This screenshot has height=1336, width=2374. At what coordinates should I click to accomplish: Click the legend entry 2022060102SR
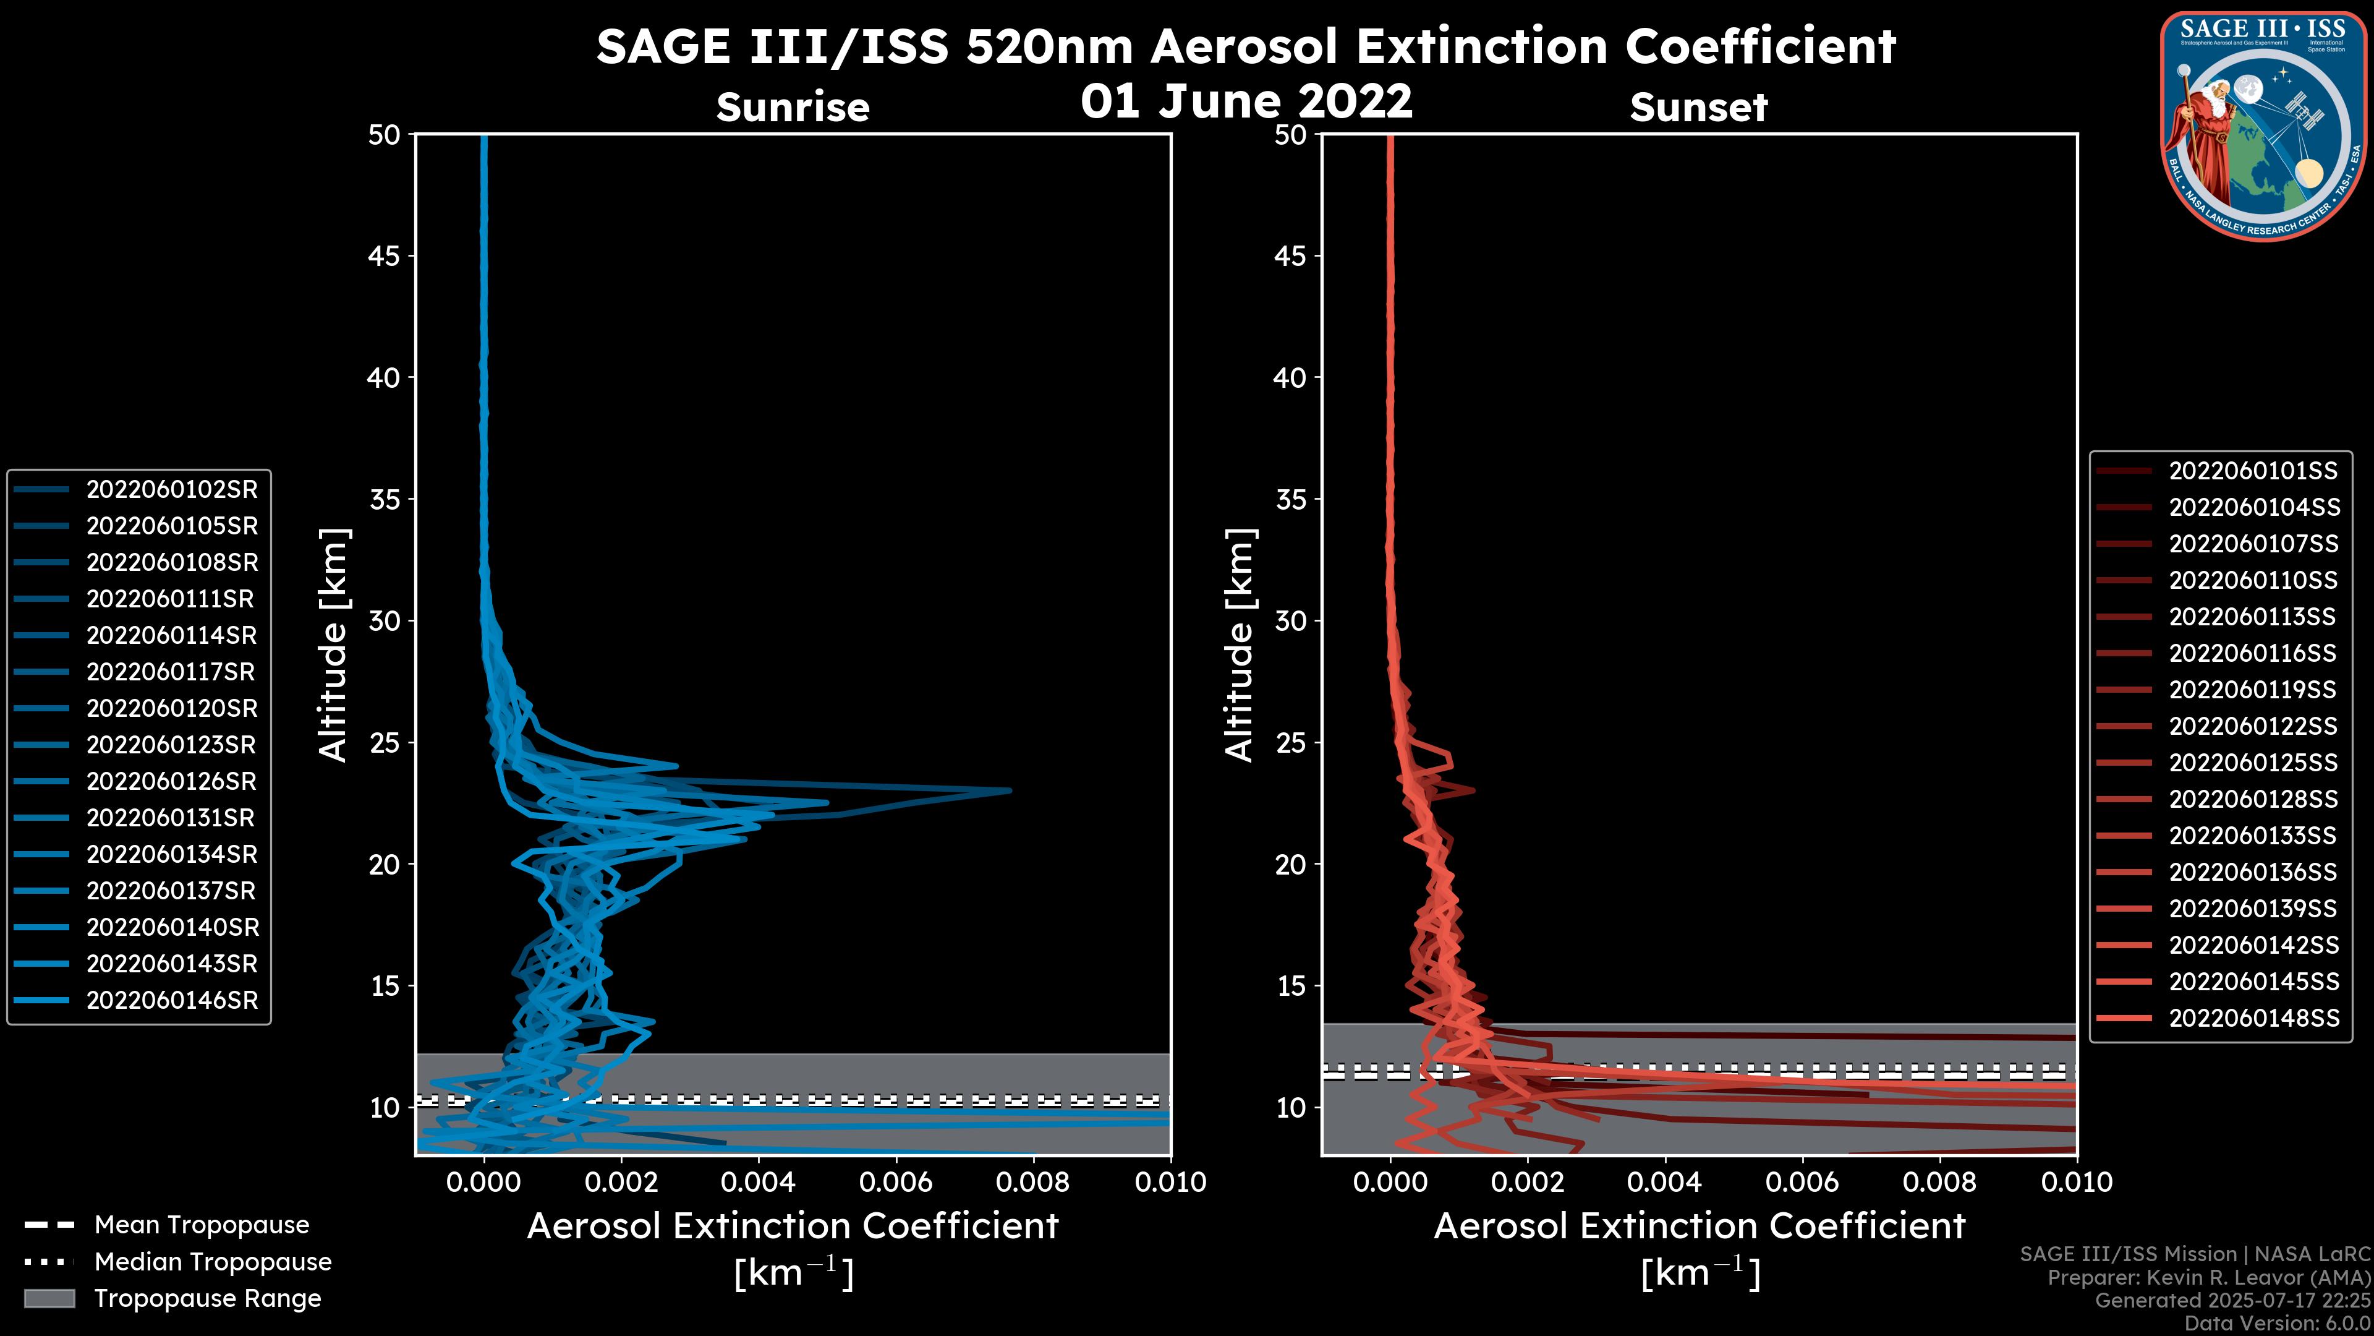click(171, 490)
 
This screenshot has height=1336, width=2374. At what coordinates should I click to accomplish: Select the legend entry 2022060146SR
click(171, 1000)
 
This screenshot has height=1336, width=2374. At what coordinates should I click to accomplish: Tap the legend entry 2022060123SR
click(171, 745)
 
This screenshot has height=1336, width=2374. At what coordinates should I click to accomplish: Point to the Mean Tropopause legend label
click(201, 1225)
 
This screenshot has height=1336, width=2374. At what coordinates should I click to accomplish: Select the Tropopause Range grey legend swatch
click(49, 1298)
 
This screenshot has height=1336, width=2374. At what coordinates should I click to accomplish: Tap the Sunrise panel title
click(793, 108)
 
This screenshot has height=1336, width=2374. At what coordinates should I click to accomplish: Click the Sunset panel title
click(1698, 108)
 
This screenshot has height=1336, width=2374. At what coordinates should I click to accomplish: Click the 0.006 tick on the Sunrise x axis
click(895, 1182)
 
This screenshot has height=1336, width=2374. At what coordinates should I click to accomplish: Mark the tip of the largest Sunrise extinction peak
click(1010, 790)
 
